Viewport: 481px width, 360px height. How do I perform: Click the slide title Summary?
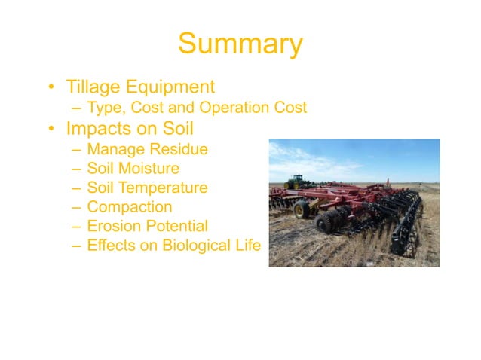click(x=240, y=44)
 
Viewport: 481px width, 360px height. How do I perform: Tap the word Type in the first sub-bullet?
click(x=104, y=108)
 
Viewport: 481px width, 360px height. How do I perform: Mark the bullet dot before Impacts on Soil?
click(x=52, y=129)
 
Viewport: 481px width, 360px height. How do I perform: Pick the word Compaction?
click(x=129, y=206)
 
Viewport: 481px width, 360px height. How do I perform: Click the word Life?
click(x=246, y=245)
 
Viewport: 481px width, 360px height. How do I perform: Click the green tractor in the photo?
click(x=295, y=182)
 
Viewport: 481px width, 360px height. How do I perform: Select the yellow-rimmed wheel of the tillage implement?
click(x=301, y=209)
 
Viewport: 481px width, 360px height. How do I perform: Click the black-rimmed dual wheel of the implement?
click(x=330, y=221)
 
